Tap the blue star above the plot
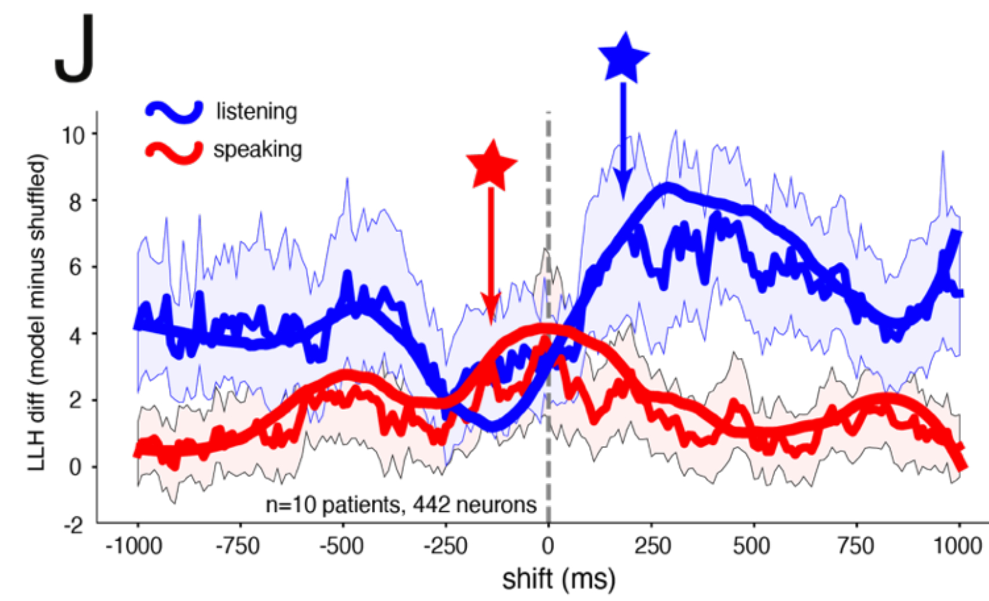click(x=623, y=58)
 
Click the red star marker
click(x=491, y=166)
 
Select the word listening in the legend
click(x=257, y=111)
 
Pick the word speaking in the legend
click(x=258, y=149)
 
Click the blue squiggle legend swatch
click(x=174, y=111)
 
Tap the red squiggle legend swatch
click(x=174, y=152)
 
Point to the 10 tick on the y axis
click(x=73, y=135)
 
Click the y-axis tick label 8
click(x=75, y=201)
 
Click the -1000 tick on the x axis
click(x=134, y=545)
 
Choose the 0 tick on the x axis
click(x=548, y=545)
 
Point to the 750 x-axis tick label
click(x=855, y=545)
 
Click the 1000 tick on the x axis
click(x=958, y=545)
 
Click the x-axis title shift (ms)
click(x=559, y=579)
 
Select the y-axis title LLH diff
click(x=36, y=313)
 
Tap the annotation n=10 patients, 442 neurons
click(x=401, y=505)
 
